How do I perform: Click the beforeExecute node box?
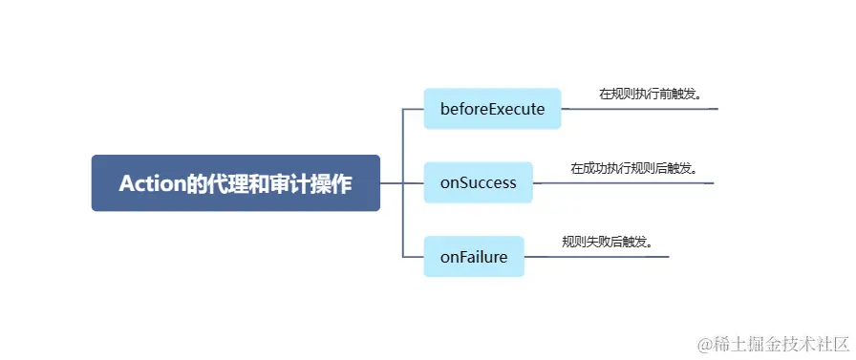[492, 109]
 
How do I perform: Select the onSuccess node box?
[478, 182]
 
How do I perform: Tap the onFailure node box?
[474, 257]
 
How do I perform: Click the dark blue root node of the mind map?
[235, 183]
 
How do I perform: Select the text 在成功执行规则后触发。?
[634, 168]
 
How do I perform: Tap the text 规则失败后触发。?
[608, 242]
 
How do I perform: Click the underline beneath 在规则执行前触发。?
[659, 109]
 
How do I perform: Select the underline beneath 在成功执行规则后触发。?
[640, 182]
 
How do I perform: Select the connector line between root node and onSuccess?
[401, 182]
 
